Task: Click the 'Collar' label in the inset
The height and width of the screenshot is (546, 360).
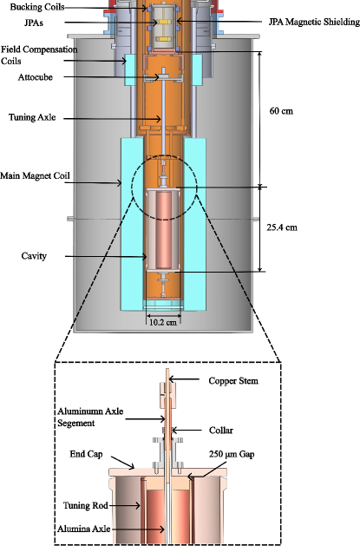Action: pos(222,430)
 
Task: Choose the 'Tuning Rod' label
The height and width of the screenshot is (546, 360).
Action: pos(88,504)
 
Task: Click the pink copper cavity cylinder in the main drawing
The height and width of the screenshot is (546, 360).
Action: pos(163,230)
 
